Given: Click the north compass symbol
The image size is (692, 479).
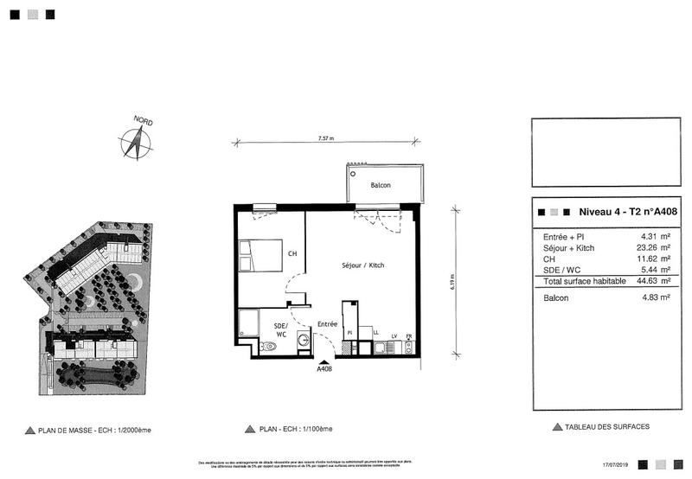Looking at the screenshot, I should tap(137, 142).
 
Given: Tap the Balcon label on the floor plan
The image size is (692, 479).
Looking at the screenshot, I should tap(381, 185).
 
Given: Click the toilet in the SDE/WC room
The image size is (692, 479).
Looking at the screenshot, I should tap(267, 346).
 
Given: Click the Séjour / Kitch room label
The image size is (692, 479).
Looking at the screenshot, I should tap(362, 265).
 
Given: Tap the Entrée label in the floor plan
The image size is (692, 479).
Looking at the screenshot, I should tap(327, 324).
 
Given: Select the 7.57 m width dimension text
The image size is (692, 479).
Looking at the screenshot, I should tap(325, 138).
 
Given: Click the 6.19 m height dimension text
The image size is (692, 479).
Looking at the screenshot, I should tap(452, 282).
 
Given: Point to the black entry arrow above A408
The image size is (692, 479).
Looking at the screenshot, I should tap(324, 361).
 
